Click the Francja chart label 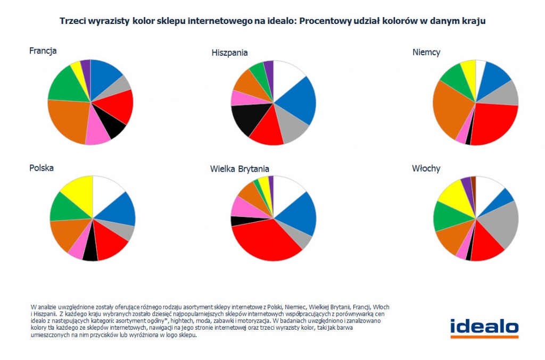(x=43, y=51)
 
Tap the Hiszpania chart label (x=229, y=53)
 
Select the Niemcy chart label (x=426, y=52)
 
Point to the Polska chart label (x=41, y=168)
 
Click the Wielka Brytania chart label (x=240, y=169)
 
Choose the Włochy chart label (x=426, y=169)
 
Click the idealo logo (x=484, y=328)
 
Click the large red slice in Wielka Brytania (x=263, y=239)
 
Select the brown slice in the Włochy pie (x=473, y=183)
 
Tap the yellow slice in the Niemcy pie (x=469, y=70)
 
